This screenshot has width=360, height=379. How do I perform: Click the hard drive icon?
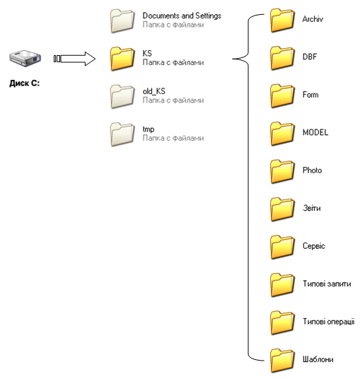click(x=25, y=58)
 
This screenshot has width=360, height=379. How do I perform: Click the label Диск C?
click(x=25, y=83)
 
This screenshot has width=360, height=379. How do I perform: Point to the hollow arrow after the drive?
click(x=74, y=59)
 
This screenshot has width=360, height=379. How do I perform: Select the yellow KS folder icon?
click(x=122, y=59)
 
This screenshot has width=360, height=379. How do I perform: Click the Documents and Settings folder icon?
click(x=122, y=21)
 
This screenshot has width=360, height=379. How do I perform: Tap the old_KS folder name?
click(x=153, y=91)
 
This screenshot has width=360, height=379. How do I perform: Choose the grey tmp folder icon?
click(x=122, y=134)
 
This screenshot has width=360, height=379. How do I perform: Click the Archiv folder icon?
click(x=282, y=21)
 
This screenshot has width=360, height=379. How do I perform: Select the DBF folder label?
click(x=310, y=57)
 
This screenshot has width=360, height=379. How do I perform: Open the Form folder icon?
click(x=282, y=96)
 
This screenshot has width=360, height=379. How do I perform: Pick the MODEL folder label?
click(x=315, y=132)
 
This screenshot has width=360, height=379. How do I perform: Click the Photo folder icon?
click(x=282, y=172)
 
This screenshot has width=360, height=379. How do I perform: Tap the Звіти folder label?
click(x=312, y=208)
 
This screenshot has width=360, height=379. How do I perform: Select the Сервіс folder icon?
click(x=282, y=247)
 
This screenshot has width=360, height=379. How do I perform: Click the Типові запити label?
click(x=327, y=284)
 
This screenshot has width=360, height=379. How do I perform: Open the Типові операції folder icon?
click(x=282, y=323)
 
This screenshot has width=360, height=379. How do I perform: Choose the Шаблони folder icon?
click(x=282, y=361)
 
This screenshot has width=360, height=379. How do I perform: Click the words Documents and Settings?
click(x=182, y=16)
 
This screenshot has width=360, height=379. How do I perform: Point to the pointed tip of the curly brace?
click(x=233, y=59)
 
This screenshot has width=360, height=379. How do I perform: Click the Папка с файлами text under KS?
click(x=173, y=62)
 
